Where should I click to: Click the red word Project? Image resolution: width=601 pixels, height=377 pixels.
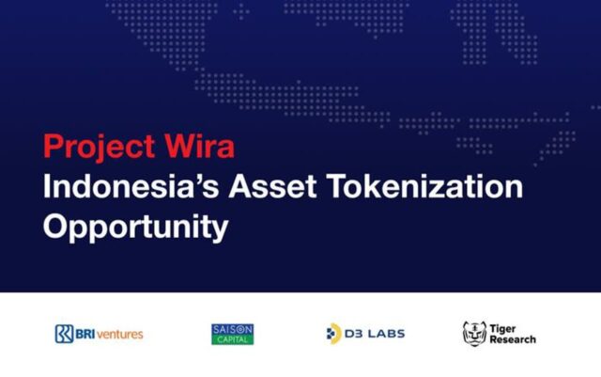click(x=100, y=148)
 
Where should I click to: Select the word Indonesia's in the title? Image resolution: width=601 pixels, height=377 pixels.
click(x=131, y=186)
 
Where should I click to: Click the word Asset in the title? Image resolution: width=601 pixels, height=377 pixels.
click(x=272, y=186)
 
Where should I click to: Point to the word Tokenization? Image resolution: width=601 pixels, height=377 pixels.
click(x=424, y=186)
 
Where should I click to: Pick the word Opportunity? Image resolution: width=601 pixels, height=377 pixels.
click(x=135, y=228)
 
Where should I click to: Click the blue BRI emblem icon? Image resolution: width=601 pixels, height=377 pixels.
click(x=64, y=334)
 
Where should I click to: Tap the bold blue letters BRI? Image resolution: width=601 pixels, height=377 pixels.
click(x=85, y=334)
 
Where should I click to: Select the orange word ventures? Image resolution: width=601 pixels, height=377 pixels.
click(x=119, y=335)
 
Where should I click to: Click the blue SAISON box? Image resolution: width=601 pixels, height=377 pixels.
click(x=232, y=329)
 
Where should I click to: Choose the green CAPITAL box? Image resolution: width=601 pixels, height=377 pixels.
click(x=232, y=339)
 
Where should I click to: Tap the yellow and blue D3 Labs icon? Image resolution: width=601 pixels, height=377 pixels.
click(x=333, y=334)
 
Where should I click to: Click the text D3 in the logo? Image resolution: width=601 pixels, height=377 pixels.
click(x=353, y=334)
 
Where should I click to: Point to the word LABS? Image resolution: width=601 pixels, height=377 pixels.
click(x=385, y=334)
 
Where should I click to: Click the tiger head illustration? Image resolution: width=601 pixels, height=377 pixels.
click(x=474, y=334)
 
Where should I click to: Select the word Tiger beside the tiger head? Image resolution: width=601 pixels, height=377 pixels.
click(x=502, y=329)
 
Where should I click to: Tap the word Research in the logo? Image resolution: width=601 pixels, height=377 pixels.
click(x=513, y=339)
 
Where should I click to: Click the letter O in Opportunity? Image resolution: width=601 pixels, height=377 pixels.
click(x=56, y=227)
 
